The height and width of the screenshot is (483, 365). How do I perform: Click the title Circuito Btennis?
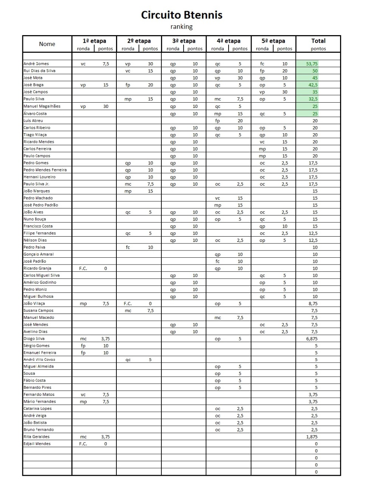coord(182,15)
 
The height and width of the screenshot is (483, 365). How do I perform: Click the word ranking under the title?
coord(182,27)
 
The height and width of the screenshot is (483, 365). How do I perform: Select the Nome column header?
coord(47,44)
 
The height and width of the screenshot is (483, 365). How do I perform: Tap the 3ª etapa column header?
coord(184,41)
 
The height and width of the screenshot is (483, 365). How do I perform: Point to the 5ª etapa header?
coord(273,41)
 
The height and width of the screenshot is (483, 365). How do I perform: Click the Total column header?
coord(318,41)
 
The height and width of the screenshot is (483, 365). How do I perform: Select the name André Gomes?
coord(36,64)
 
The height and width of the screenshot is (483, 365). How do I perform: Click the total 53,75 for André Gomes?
coord(312,64)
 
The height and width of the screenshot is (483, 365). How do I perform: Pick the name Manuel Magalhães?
coord(42,106)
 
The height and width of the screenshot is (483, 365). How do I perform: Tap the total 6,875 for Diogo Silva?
coord(312,339)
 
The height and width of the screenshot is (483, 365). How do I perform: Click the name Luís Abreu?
coord(33,120)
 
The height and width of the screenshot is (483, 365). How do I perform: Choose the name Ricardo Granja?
coord(37,268)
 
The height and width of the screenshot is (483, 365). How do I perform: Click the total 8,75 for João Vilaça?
coord(313,303)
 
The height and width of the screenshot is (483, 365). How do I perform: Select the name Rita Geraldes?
coord(37,437)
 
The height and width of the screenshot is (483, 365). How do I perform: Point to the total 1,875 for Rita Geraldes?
coord(312,437)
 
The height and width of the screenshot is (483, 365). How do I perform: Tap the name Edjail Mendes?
coord(37,444)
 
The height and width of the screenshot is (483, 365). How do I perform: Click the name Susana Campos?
coord(39,311)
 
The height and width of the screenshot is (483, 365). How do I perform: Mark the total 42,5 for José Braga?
coord(313,85)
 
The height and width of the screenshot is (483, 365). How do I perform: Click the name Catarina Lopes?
coord(38,409)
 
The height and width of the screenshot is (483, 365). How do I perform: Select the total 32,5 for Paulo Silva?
coord(313,99)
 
